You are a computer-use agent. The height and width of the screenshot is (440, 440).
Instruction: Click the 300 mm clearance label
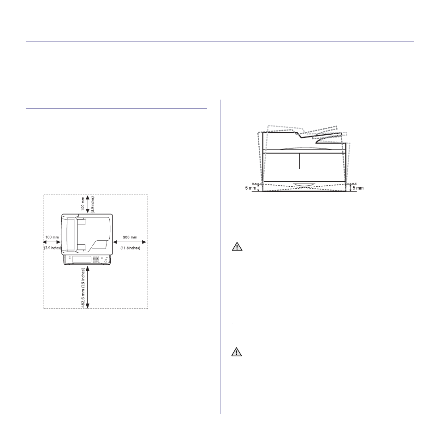pyautogui.click(x=130, y=238)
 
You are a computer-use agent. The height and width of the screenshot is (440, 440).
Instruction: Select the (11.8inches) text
pyautogui.click(x=130, y=248)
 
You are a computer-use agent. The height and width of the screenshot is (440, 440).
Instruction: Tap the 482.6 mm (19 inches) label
pyautogui.click(x=83, y=288)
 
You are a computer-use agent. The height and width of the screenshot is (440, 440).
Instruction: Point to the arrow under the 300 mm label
pyautogui.click(x=130, y=242)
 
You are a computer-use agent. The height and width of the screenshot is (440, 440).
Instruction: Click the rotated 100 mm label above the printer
pyautogui.click(x=83, y=204)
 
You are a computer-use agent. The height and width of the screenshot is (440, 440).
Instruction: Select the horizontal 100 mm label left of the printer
pyautogui.click(x=52, y=238)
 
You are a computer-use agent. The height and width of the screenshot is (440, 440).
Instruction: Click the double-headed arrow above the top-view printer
pyautogui.click(x=88, y=204)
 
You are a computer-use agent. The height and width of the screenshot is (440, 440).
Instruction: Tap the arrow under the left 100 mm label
pyautogui.click(x=52, y=242)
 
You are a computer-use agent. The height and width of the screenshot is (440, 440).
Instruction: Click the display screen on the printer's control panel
pyautogui.click(x=82, y=259)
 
